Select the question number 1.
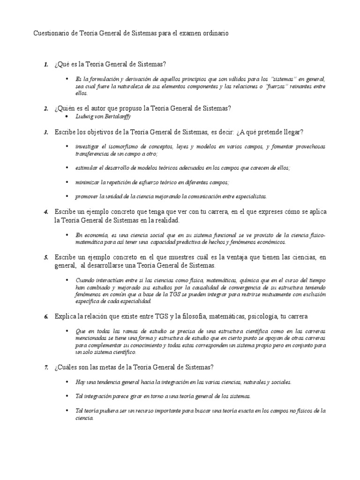pos(46,64)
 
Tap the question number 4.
pos(46,212)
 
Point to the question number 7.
pos(46,367)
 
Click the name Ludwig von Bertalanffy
pos(103,116)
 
